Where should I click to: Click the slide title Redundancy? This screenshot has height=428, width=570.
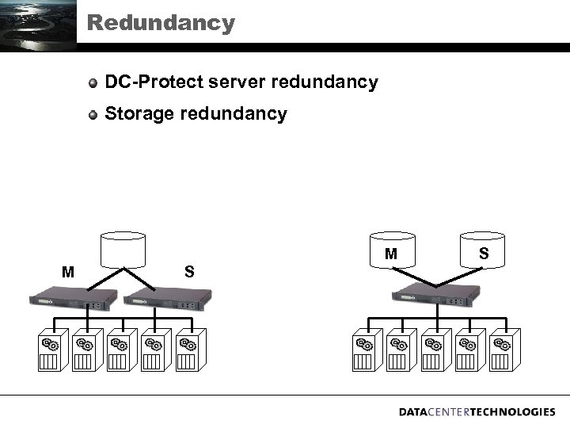[161, 23]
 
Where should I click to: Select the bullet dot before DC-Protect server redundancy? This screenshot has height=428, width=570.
[93, 82]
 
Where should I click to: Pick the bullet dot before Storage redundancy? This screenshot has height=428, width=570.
[93, 114]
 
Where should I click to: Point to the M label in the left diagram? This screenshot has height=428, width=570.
[69, 273]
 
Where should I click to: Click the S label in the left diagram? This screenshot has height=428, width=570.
[189, 272]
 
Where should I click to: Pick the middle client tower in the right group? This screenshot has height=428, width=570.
[432, 351]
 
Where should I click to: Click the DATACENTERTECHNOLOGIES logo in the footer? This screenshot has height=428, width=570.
[477, 412]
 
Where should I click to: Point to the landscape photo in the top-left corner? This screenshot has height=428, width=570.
[38, 25]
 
